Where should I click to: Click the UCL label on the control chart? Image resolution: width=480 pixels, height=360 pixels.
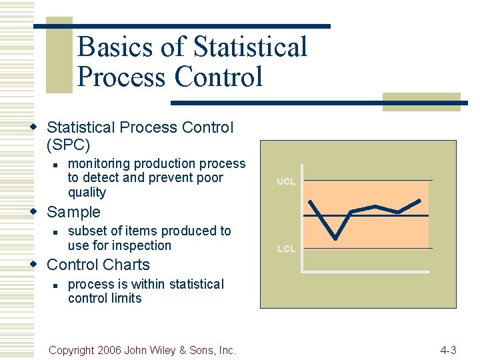tap(286, 181)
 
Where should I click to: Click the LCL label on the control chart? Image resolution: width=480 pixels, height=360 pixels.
tap(286, 249)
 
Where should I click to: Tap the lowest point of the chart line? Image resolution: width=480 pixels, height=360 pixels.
tap(335, 238)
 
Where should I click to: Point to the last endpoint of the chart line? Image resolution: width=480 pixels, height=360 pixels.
tap(420, 201)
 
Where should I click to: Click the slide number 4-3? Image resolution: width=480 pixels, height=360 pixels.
tap(448, 350)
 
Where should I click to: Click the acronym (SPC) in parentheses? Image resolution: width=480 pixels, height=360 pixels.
tap(68, 144)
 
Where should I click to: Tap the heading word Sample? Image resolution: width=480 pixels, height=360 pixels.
tap(73, 212)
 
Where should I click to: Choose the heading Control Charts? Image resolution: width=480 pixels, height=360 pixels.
tap(98, 265)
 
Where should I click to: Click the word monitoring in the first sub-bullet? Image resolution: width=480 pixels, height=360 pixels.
tap(102, 163)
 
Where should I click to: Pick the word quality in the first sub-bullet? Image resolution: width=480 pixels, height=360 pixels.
tap(87, 193)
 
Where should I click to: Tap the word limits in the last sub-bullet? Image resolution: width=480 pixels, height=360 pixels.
tap(127, 298)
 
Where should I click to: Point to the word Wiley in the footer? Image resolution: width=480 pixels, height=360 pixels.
tap(175, 350)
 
